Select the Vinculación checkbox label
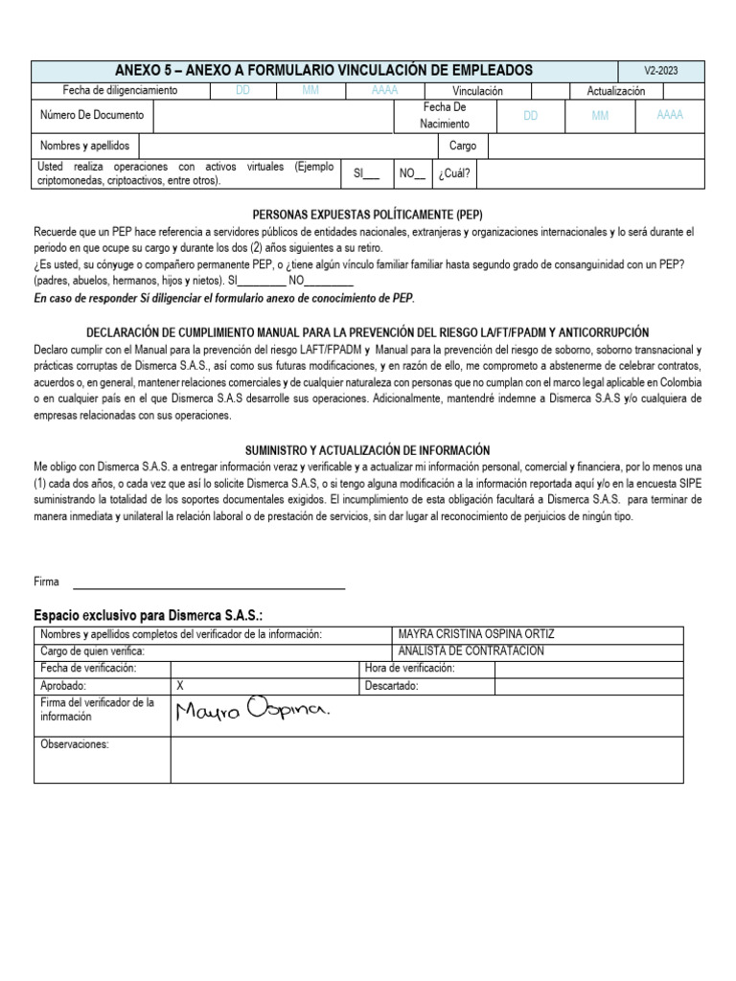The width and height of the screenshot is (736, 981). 477,91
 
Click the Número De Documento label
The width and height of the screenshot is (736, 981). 92,115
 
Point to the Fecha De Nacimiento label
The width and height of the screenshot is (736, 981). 446,116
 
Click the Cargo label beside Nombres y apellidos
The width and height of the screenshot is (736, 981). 463,147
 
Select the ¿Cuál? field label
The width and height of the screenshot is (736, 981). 455,174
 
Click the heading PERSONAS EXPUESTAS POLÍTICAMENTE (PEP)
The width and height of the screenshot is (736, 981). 367,216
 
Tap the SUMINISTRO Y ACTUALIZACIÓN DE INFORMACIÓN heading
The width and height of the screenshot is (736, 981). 368,449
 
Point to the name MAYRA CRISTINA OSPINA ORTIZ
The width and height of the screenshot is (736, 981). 476,635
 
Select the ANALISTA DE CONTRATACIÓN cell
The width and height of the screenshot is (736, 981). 471,651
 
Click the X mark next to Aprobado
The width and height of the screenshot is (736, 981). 181,686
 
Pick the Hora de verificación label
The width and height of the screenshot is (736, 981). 409,669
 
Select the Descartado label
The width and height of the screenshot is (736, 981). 392,686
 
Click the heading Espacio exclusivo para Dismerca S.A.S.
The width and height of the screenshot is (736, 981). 149,614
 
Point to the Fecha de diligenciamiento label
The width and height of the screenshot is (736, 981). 120,91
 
